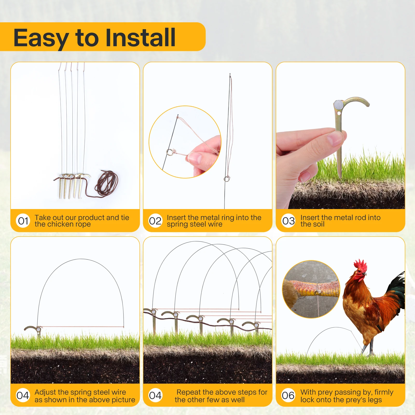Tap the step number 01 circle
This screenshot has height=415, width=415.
coord(23,221)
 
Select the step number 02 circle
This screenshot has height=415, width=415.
coord(155,221)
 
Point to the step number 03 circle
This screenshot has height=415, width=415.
coord(288,221)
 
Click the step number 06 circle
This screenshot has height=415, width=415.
coord(288,396)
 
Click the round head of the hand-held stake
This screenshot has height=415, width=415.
coord(338,105)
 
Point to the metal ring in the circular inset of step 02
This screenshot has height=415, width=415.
coord(170,152)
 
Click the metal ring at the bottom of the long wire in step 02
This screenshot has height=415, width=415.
coord(227,179)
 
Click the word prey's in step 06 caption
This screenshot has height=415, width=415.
coord(355,400)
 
